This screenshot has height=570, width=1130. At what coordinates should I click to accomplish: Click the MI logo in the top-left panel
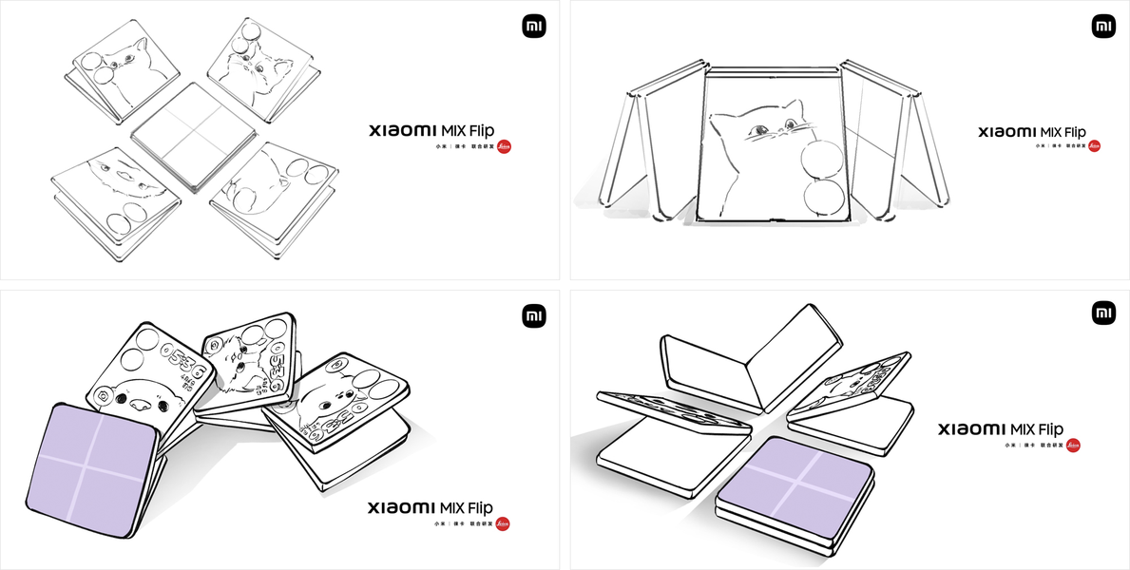534,27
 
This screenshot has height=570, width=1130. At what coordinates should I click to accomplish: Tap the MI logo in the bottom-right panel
1103,313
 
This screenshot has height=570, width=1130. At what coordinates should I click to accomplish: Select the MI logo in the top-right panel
1103,27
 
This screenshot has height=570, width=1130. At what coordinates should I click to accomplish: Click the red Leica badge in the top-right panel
1094,146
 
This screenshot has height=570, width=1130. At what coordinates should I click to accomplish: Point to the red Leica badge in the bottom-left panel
503,522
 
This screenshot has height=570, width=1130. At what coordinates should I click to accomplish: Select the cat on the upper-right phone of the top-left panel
257,66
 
